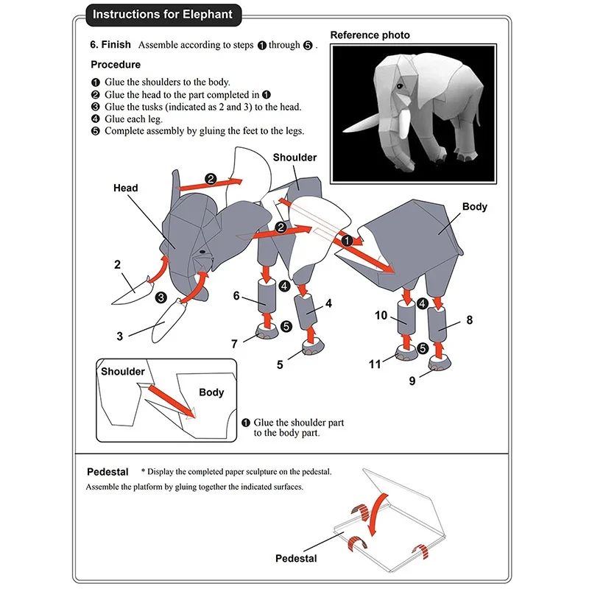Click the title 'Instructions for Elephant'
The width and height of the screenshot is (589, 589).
point(163,14)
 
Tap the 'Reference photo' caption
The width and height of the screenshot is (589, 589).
point(370,35)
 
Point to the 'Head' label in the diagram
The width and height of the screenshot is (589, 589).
point(126,188)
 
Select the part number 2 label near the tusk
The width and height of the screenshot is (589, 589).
point(117,264)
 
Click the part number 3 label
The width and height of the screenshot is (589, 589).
point(119,336)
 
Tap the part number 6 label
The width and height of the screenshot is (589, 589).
point(236,296)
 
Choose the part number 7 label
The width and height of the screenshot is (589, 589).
point(234,343)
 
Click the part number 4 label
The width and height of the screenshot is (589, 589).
point(328,303)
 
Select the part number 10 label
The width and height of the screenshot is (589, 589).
point(381,316)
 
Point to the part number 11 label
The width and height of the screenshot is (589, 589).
point(375,364)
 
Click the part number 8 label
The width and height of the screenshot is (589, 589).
point(470,320)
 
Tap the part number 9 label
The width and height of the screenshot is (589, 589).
point(412,381)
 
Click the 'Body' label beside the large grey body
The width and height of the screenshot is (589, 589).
point(475,207)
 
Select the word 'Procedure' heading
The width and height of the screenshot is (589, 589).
point(116,65)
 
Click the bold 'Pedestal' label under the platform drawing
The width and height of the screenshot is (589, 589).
point(296,558)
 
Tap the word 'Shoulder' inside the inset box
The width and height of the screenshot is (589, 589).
point(123,371)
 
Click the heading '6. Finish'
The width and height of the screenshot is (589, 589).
point(110,45)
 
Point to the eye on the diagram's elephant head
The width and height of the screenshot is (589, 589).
point(201,253)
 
